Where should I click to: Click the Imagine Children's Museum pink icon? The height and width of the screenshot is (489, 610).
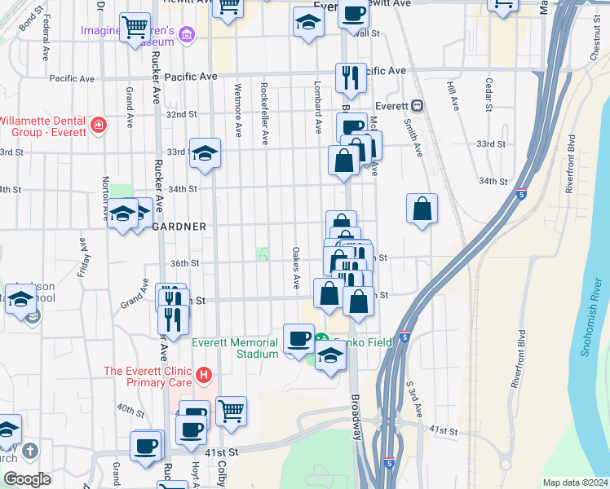tap(188, 34)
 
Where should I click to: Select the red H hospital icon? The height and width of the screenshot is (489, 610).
tap(204, 376)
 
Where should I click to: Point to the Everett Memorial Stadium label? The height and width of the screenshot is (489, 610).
tap(236, 348)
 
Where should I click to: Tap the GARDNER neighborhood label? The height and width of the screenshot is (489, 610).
tap(179, 226)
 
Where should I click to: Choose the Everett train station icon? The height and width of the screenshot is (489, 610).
tap(417, 105)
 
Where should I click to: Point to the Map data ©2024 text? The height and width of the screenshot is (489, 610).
tap(575, 482)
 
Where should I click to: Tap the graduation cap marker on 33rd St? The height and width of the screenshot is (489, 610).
tap(205, 152)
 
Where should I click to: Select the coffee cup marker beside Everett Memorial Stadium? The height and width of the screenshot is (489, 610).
tap(298, 338)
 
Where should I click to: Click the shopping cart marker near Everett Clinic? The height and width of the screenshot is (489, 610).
tap(232, 411)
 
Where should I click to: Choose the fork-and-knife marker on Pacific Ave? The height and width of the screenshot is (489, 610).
tap(350, 78)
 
